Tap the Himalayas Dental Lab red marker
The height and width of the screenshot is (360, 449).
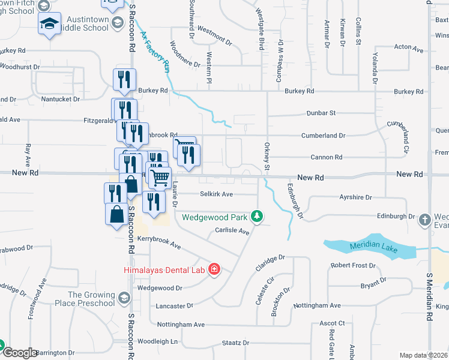213,269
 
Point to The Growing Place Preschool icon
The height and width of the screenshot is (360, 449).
124,298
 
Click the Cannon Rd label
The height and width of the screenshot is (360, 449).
327,157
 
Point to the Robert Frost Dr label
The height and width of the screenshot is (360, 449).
353,265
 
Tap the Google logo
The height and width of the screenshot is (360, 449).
19,353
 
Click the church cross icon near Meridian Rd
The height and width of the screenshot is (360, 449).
425,219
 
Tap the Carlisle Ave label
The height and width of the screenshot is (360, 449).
232,231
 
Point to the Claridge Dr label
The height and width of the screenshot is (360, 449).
270,263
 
